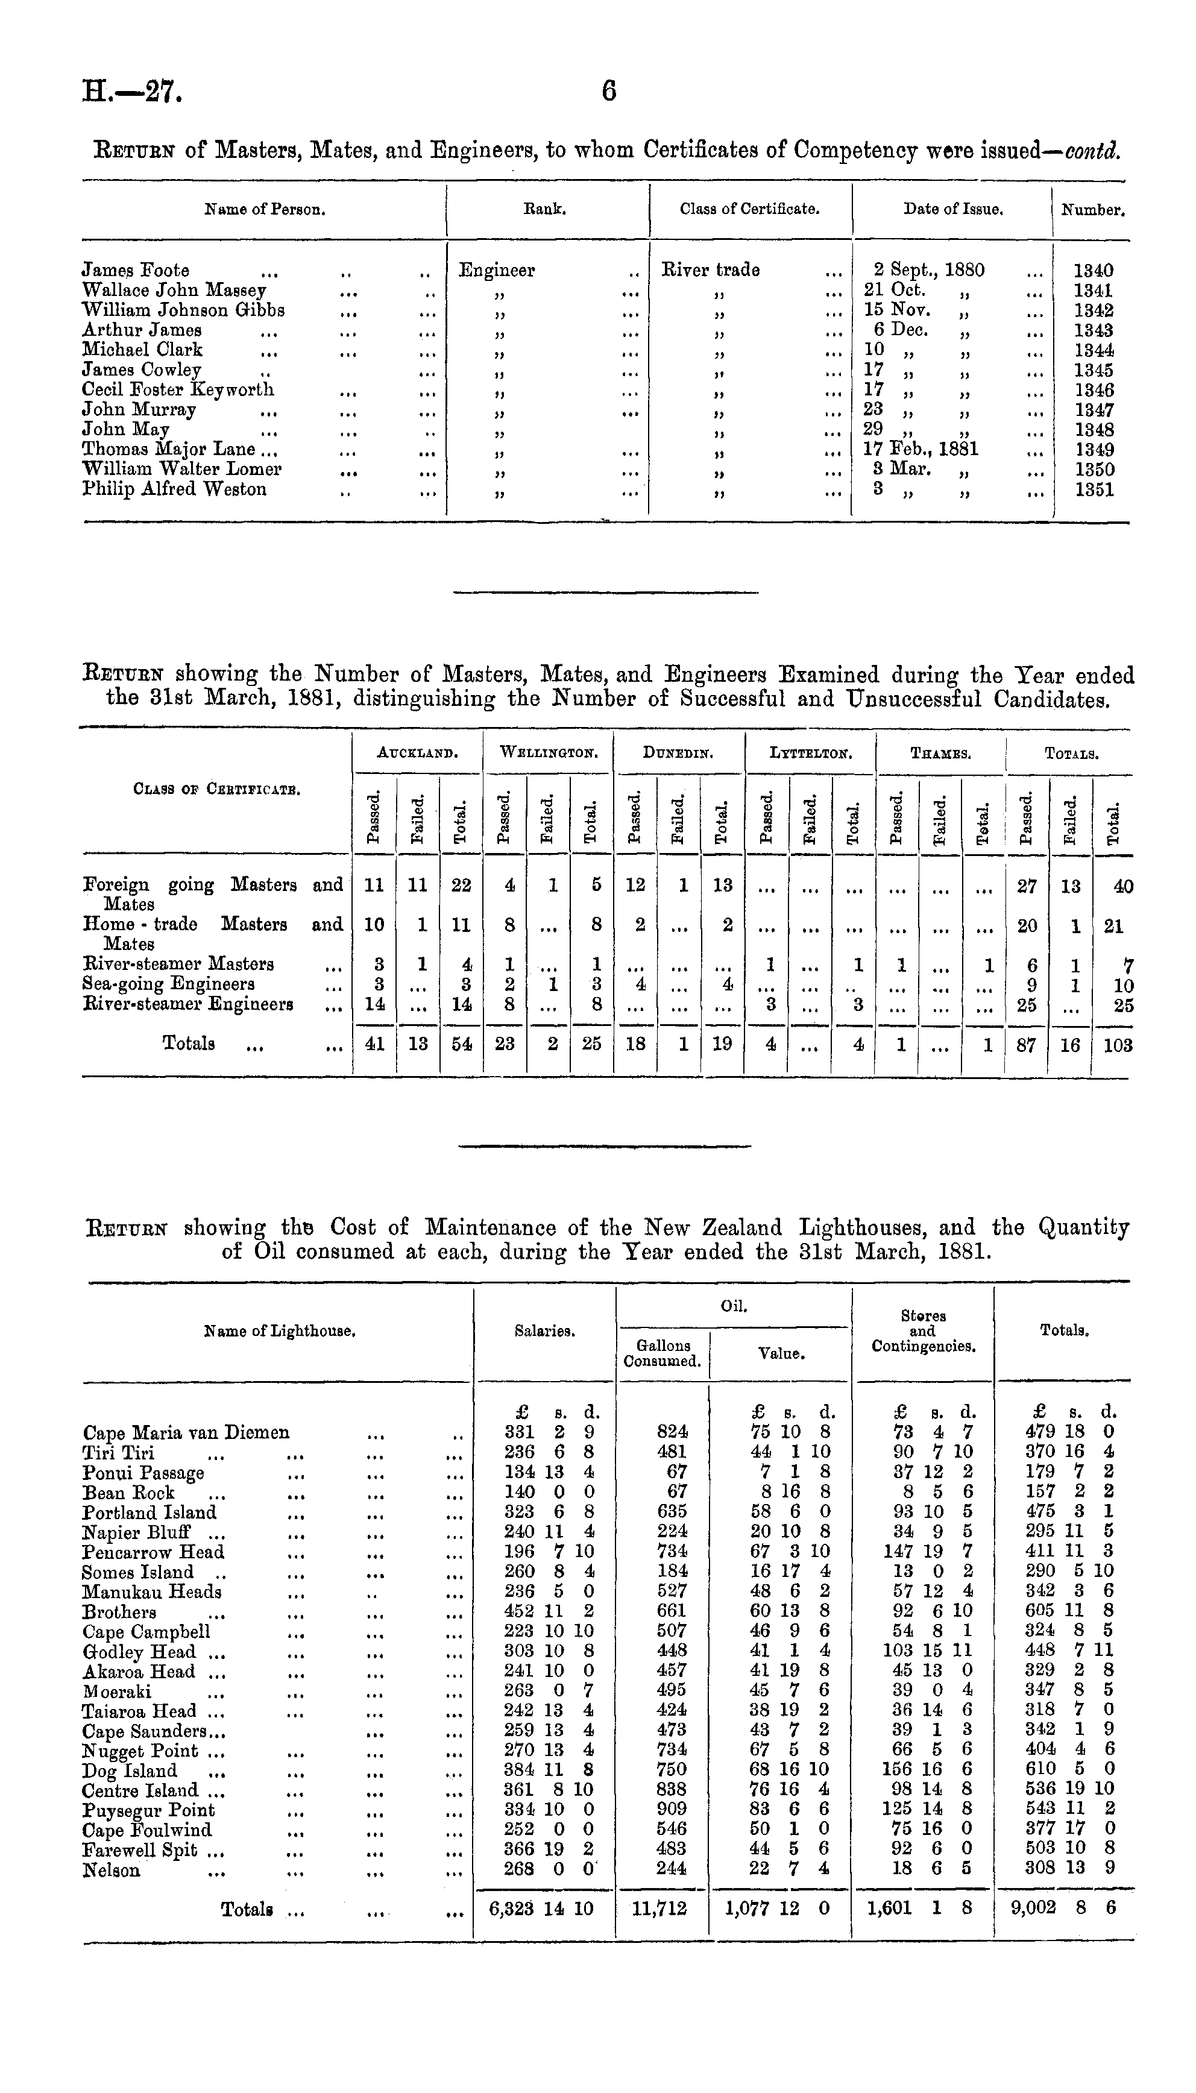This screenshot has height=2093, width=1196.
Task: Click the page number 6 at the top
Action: pyautogui.click(x=609, y=90)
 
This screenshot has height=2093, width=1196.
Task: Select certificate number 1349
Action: pyautogui.click(x=1094, y=449)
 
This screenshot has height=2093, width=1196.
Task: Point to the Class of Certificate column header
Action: pyautogui.click(x=749, y=209)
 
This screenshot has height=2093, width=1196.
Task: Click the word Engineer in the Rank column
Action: pyautogui.click(x=497, y=270)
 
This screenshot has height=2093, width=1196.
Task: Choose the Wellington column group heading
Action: pyautogui.click(x=548, y=752)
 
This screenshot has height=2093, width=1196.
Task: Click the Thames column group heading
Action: pyautogui.click(x=940, y=752)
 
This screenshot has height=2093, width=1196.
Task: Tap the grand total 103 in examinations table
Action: pyautogui.click(x=1119, y=1045)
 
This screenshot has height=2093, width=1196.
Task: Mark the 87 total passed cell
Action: pyautogui.click(x=1026, y=1045)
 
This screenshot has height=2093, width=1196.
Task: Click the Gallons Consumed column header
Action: pyautogui.click(x=662, y=1352)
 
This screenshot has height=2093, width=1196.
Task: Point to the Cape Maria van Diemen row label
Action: pyautogui.click(x=186, y=1432)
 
